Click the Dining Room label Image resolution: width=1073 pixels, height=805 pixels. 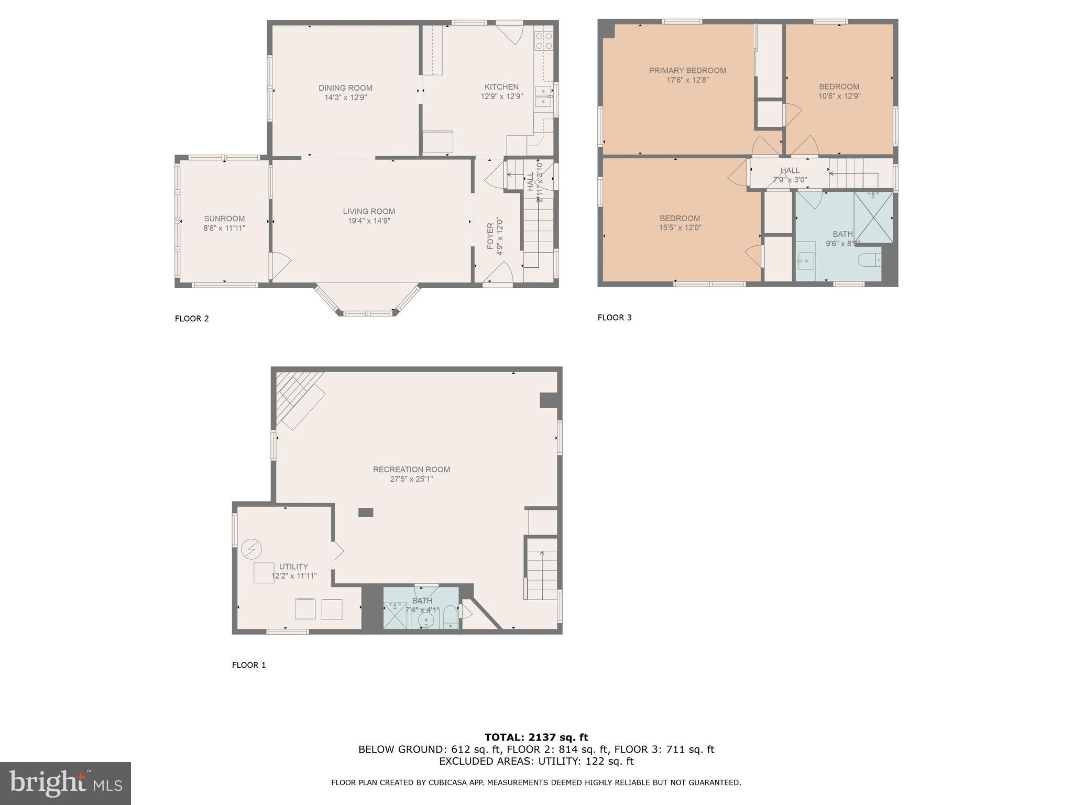coord(345,88)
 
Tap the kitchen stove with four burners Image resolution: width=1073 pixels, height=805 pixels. coord(543,41)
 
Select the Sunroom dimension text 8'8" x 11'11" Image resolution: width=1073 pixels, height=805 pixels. coord(224,228)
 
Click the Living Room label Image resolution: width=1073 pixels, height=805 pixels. coord(369,211)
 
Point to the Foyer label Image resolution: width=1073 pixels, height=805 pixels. coord(490,236)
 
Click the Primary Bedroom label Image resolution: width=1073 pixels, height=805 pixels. coord(687,71)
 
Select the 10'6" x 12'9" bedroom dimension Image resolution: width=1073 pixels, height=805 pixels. coord(839,96)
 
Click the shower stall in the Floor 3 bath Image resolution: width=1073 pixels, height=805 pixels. coord(873,217)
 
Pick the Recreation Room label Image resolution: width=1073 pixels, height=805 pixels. coord(411,470)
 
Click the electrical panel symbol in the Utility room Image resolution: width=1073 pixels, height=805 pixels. coord(251,549)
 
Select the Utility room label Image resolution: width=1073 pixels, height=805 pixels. coord(293,567)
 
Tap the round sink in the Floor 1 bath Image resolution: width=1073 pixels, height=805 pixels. coord(426,620)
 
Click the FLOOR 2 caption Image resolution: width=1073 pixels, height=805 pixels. coord(192,319)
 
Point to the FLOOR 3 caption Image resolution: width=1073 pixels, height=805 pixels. coord(615,318)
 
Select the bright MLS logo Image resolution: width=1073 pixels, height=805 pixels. coord(65,784)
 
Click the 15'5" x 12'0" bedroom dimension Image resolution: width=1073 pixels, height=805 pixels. coord(680,228)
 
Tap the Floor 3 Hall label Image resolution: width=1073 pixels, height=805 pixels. coord(790,170)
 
